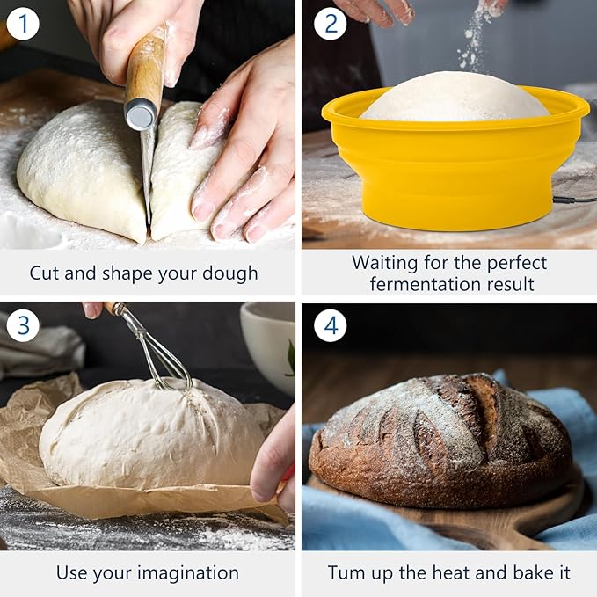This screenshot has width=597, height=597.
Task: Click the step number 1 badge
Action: [23, 23]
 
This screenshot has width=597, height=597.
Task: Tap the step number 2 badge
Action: [330, 23]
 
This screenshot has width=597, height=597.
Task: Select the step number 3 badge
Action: [23, 326]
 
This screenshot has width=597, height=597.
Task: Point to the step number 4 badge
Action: [330, 326]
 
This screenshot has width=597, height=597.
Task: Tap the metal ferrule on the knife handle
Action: [141, 114]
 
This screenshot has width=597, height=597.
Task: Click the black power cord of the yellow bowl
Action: [576, 201]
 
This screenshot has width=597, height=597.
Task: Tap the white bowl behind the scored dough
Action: [268, 343]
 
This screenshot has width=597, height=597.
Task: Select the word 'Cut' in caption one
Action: [45, 273]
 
